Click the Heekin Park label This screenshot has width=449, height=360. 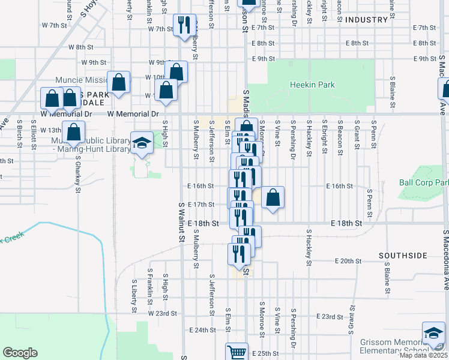click(312, 85)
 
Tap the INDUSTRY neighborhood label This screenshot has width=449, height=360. click(367, 20)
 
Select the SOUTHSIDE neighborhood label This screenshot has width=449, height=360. click(402, 256)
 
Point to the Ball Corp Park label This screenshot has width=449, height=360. click(424, 182)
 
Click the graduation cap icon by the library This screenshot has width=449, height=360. click(142, 143)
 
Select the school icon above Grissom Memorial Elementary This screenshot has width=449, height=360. click(433, 332)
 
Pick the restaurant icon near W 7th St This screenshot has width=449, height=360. click(184, 25)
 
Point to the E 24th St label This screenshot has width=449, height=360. click(202, 330)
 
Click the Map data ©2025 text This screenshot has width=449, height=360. click(423, 355)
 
